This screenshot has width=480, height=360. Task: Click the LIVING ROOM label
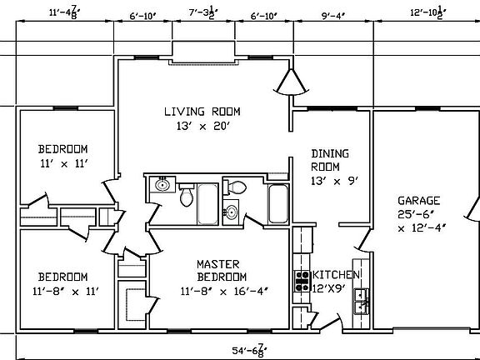click(202, 111)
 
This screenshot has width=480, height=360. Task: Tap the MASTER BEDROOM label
click(222, 270)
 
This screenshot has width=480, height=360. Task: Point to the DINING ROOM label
click(329, 160)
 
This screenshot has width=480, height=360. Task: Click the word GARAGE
click(419, 200)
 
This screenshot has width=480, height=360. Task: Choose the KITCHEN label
click(336, 274)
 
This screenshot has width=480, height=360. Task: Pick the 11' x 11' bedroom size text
click(62, 164)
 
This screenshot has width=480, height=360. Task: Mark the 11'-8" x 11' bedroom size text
click(62, 291)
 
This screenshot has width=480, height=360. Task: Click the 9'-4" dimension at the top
click(332, 13)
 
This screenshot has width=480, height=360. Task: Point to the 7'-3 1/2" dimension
click(203, 13)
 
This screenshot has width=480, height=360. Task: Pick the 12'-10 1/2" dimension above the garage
click(428, 13)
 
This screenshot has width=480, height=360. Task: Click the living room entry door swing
click(291, 82)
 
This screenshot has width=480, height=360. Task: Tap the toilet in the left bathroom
click(187, 197)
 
